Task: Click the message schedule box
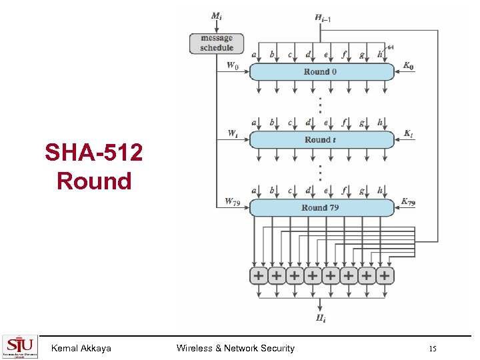(217, 43)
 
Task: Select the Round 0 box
(321, 71)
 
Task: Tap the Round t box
(321, 139)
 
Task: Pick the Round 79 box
(321, 207)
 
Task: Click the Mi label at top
(217, 15)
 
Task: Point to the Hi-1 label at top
(323, 17)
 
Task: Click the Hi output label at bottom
(321, 318)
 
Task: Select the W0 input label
(232, 65)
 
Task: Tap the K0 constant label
(409, 66)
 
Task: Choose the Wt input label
(232, 133)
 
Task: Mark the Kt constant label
(408, 133)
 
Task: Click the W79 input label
(232, 201)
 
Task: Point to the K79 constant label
(409, 201)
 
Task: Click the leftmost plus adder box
(258, 275)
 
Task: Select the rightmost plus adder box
(384, 275)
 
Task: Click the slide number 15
(433, 349)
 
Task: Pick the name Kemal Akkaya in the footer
(81, 348)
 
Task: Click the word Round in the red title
(94, 181)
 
